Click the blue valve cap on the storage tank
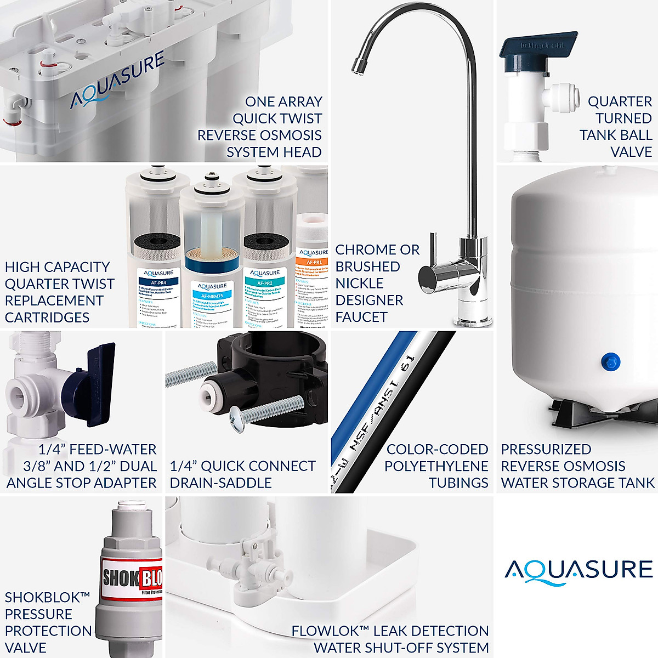pyautogui.click(x=608, y=360)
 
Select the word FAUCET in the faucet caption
pyautogui.click(x=361, y=317)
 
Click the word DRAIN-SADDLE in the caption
pyautogui.click(x=220, y=483)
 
